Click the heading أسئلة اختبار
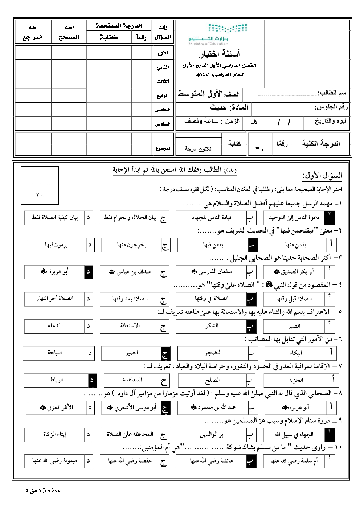pos(219,54)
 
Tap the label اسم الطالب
pos(332,93)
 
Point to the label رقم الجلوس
pos(331,107)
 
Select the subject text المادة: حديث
pos(229,107)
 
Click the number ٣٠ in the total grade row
pos(259,148)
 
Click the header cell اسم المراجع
pos(33,32)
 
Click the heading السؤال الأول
pos(322,176)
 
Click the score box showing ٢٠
pos(40,186)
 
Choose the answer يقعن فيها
pos(213,245)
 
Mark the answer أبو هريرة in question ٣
pos(54,271)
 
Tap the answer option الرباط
pos(56,380)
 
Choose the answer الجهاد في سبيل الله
pos(294,434)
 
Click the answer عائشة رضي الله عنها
pos(212,461)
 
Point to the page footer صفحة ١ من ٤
pos(43,491)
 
